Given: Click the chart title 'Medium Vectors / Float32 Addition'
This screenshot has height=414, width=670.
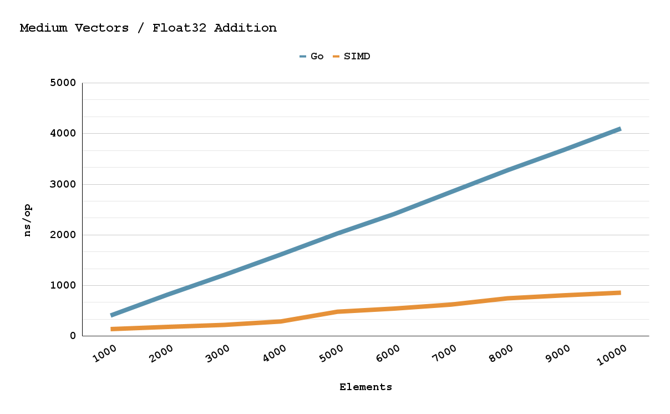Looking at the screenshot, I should click(x=148, y=28).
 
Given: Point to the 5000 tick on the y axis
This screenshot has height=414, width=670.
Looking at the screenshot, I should click(x=63, y=83).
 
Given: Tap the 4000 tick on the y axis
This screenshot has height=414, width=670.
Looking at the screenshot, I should click(x=63, y=134).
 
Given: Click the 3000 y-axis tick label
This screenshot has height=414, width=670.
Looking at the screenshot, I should click(x=63, y=184).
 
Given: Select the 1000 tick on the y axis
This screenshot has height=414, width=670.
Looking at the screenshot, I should click(x=63, y=285).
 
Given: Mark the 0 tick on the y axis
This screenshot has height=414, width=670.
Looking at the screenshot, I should click(x=73, y=336).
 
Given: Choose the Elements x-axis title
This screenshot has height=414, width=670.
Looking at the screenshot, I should click(x=366, y=387).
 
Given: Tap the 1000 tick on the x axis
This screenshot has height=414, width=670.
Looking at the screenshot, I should click(x=105, y=354).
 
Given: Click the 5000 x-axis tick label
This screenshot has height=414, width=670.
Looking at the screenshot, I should click(x=331, y=354).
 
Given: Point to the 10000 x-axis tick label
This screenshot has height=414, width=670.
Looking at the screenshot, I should click(x=612, y=355).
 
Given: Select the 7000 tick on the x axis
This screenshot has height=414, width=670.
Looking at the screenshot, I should click(x=444, y=354).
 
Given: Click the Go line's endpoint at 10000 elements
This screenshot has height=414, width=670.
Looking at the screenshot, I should click(x=620, y=129).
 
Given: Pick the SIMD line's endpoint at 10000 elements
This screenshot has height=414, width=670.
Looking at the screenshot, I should click(x=620, y=292).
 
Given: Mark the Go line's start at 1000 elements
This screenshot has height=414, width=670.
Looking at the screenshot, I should click(x=112, y=315).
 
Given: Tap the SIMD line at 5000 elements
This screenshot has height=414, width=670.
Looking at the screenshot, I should click(x=338, y=312).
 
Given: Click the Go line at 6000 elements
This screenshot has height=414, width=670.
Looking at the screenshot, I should click(x=394, y=213).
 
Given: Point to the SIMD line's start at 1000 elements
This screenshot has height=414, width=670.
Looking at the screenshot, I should click(x=112, y=329).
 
